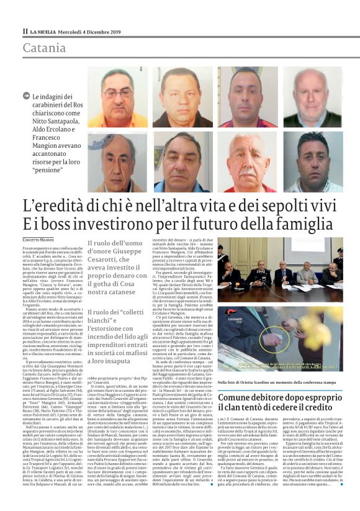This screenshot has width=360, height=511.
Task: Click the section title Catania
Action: (44, 48)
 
